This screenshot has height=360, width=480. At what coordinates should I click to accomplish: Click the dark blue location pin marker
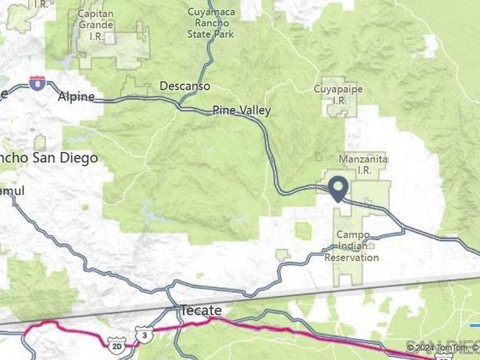pyautogui.click(x=338, y=188)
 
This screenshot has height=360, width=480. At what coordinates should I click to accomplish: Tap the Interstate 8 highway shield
pyautogui.click(x=37, y=82)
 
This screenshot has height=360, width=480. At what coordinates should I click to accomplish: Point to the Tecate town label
pyautogui.click(x=200, y=310)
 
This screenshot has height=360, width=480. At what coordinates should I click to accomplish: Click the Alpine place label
pyautogui.click(x=77, y=97)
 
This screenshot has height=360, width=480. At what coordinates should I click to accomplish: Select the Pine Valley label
pyautogui.click(x=242, y=110)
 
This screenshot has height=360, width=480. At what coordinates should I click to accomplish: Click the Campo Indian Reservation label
pyautogui.click(x=352, y=247)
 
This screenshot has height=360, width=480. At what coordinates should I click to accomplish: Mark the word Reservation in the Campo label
pyautogui.click(x=352, y=258)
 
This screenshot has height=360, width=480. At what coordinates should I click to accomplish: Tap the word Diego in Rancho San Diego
pyautogui.click(x=82, y=158)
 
